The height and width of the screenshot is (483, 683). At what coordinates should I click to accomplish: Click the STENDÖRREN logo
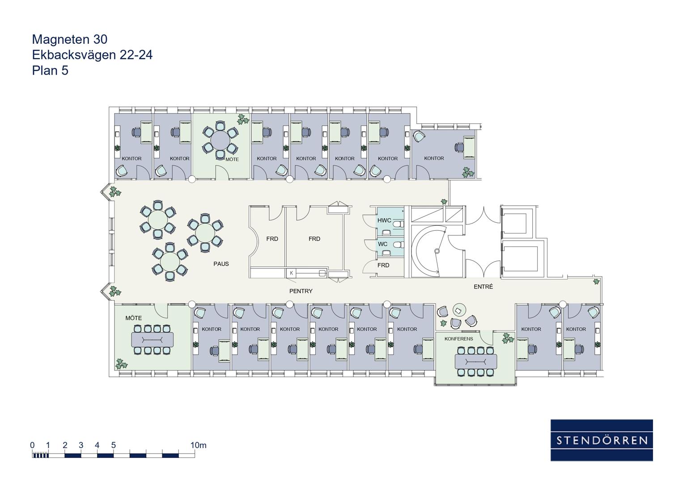tap(602, 440)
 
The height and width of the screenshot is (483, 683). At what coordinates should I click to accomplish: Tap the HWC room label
tap(384, 220)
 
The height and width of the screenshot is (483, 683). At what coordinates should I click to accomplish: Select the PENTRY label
tap(301, 291)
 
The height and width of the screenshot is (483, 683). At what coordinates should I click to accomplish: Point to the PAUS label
tap(221, 264)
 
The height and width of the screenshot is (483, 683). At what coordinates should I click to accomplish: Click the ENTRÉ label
tap(483, 286)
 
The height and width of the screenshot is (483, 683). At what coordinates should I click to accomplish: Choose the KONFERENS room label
tap(458, 339)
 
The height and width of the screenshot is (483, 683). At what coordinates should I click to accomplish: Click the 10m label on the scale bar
tap(199, 445)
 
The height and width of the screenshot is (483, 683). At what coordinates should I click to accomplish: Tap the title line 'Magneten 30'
tap(70, 39)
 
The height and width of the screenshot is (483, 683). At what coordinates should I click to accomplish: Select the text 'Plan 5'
tap(50, 71)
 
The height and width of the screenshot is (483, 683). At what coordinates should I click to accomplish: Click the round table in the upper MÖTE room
tap(220, 140)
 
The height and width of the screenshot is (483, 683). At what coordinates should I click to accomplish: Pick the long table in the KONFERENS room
tap(475, 362)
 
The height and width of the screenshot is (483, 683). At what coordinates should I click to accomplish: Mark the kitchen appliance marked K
tap(291, 273)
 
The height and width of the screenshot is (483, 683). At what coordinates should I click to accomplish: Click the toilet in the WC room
tap(399, 245)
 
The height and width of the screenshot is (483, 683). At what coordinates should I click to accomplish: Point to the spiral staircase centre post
tap(437, 250)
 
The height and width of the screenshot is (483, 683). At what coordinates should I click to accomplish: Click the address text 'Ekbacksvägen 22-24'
tap(92, 55)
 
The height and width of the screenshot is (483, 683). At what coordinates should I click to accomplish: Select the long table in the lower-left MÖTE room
tap(153, 339)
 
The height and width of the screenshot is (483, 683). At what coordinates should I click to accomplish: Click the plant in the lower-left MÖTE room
tap(121, 364)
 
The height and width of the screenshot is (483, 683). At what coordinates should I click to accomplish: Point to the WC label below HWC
tap(383, 244)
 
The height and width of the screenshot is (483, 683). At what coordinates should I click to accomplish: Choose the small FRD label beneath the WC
tap(383, 265)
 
